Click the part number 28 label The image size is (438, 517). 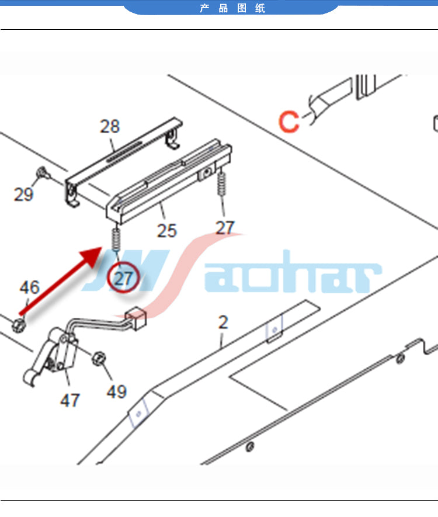[x=110, y=126]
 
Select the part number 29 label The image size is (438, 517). [x=23, y=194]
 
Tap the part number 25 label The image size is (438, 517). [x=167, y=231]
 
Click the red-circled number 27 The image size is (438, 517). [x=123, y=279]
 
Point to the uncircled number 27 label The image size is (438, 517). [x=225, y=227]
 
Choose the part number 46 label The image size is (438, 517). [x=29, y=287]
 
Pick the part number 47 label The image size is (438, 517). [x=69, y=400]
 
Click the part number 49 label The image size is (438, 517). [x=117, y=391]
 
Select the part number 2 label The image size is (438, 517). [x=223, y=322]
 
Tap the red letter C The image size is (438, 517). [x=288, y=122]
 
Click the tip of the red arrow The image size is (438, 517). [x=102, y=247]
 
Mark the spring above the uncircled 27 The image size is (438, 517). [x=222, y=183]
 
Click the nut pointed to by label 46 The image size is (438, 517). [x=19, y=325]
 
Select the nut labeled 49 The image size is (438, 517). [x=98, y=359]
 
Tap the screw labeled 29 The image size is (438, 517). [x=43, y=172]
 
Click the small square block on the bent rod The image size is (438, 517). [x=136, y=318]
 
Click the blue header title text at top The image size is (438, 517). [x=232, y=8]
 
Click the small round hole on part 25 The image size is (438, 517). [x=207, y=171]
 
